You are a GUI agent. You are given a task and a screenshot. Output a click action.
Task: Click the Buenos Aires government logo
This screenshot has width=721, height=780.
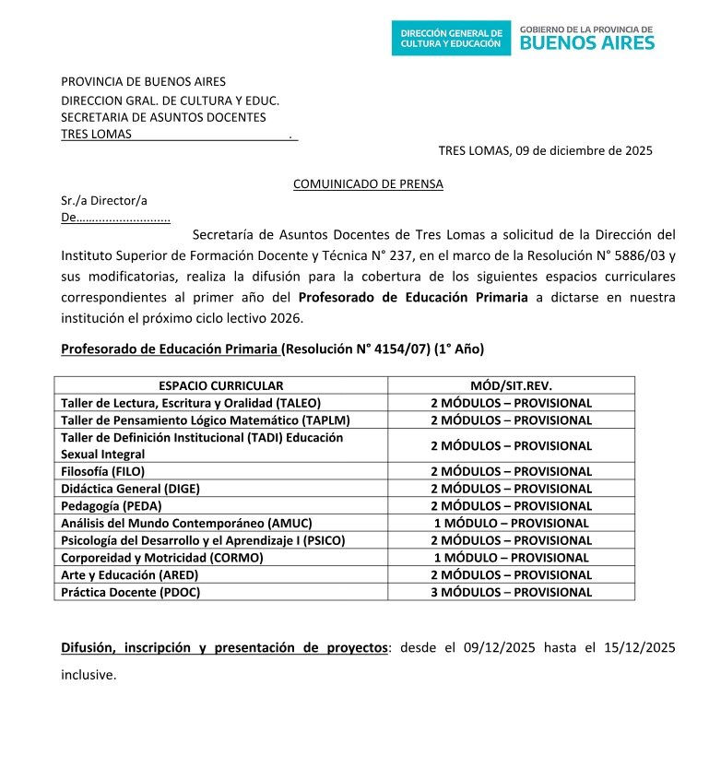[587, 38]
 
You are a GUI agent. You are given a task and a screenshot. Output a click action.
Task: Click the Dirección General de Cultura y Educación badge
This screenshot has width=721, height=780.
[451, 38]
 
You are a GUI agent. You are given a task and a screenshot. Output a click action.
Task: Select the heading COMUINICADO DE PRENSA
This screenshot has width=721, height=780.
[368, 183]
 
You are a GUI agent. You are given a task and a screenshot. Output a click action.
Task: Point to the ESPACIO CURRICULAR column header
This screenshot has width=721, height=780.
[220, 385]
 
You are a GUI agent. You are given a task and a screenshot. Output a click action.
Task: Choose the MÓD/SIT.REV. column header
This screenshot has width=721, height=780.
[511, 385]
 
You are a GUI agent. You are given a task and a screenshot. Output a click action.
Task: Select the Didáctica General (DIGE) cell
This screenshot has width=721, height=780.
[130, 489]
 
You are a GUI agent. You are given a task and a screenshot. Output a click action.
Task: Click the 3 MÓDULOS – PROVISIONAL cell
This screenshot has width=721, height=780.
[511, 592]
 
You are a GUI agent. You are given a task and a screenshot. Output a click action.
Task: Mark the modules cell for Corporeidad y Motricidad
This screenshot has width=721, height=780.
[511, 558]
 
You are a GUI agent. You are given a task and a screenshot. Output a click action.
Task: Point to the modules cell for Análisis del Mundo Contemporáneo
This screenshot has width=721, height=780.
[511, 523]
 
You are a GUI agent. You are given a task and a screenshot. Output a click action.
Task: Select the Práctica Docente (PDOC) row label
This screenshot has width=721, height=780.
[130, 592]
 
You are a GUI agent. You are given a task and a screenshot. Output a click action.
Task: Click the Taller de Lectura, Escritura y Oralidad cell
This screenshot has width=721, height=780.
[191, 403]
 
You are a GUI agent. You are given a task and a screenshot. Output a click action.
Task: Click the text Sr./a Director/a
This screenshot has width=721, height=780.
[104, 200]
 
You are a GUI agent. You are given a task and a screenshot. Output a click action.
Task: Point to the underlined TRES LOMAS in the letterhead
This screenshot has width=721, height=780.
[96, 134]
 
